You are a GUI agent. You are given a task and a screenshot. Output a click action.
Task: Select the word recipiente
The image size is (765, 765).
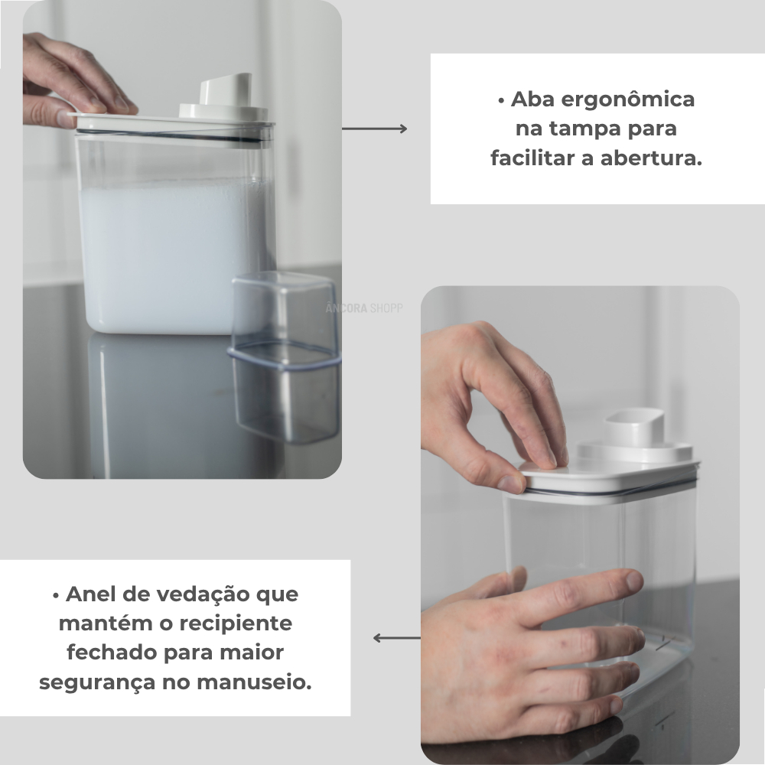click(236, 624)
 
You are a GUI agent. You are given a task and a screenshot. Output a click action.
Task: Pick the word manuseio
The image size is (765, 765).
click(254, 682)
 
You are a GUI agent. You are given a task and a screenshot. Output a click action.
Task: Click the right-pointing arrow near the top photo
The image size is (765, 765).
click(374, 129)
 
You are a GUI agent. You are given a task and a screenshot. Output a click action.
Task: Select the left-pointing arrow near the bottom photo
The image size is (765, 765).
click(396, 638)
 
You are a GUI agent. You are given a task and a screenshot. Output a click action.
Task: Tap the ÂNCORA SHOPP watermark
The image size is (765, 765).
click(364, 308)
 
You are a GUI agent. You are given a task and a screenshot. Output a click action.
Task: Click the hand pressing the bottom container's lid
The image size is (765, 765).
click(493, 410)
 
